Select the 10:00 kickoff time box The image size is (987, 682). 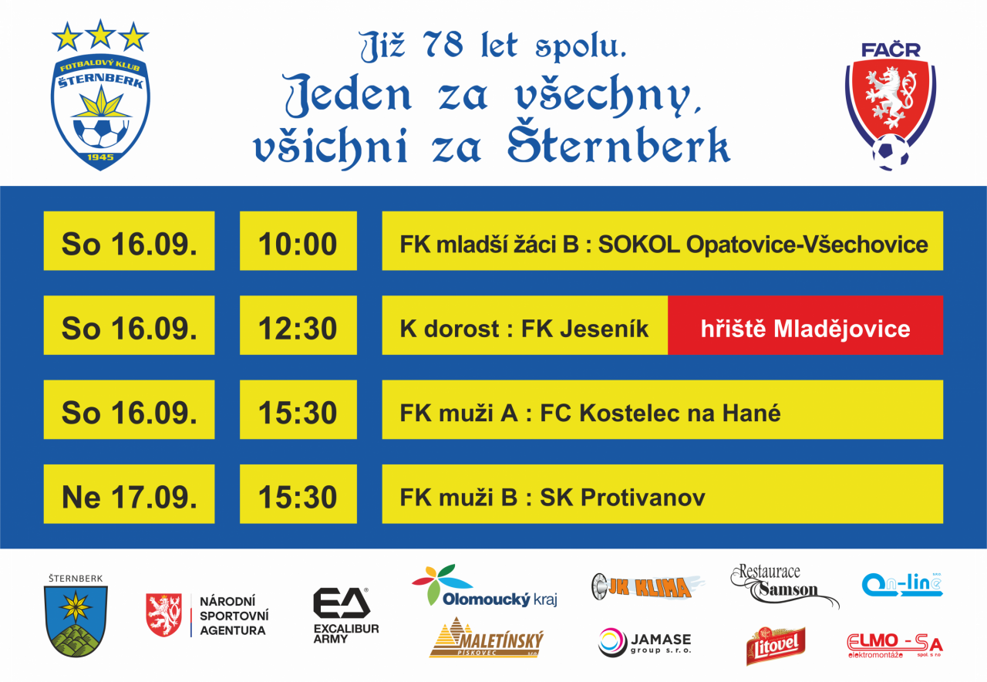click(298, 241)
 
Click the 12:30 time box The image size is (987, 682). click(298, 326)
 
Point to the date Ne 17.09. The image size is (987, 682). click(129, 498)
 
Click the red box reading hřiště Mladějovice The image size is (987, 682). click(806, 326)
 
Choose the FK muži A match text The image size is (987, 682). click(590, 413)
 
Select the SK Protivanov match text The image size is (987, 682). click(552, 498)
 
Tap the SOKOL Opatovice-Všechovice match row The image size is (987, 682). click(662, 241)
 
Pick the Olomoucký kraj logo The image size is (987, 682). click(485, 586)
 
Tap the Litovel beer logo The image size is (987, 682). click(776, 646)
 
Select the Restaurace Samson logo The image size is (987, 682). click(784, 585)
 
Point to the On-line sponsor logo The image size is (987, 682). click(902, 585)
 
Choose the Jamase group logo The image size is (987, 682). click(645, 643)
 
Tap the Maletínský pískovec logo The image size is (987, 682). click(487, 637)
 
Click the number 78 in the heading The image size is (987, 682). click(443, 45)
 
